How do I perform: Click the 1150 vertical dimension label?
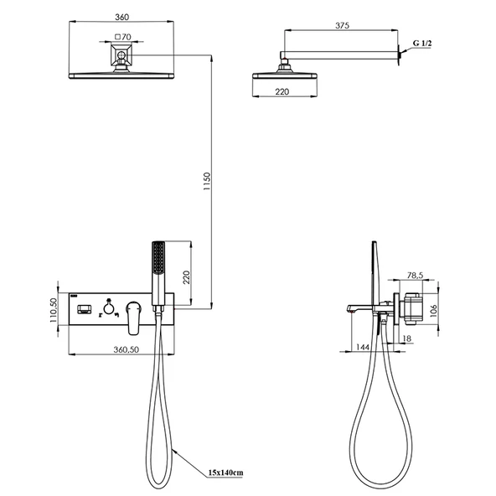click(207, 181)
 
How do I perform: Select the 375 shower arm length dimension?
click(342, 26)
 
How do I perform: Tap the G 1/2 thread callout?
click(422, 44)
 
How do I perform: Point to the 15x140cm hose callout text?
click(226, 473)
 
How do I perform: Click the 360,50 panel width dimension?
click(127, 349)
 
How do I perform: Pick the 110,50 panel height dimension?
click(54, 310)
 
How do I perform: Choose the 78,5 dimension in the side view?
click(415, 276)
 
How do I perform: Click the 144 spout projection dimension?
click(363, 347)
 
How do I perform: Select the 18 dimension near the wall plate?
click(407, 338)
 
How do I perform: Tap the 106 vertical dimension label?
click(433, 311)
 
